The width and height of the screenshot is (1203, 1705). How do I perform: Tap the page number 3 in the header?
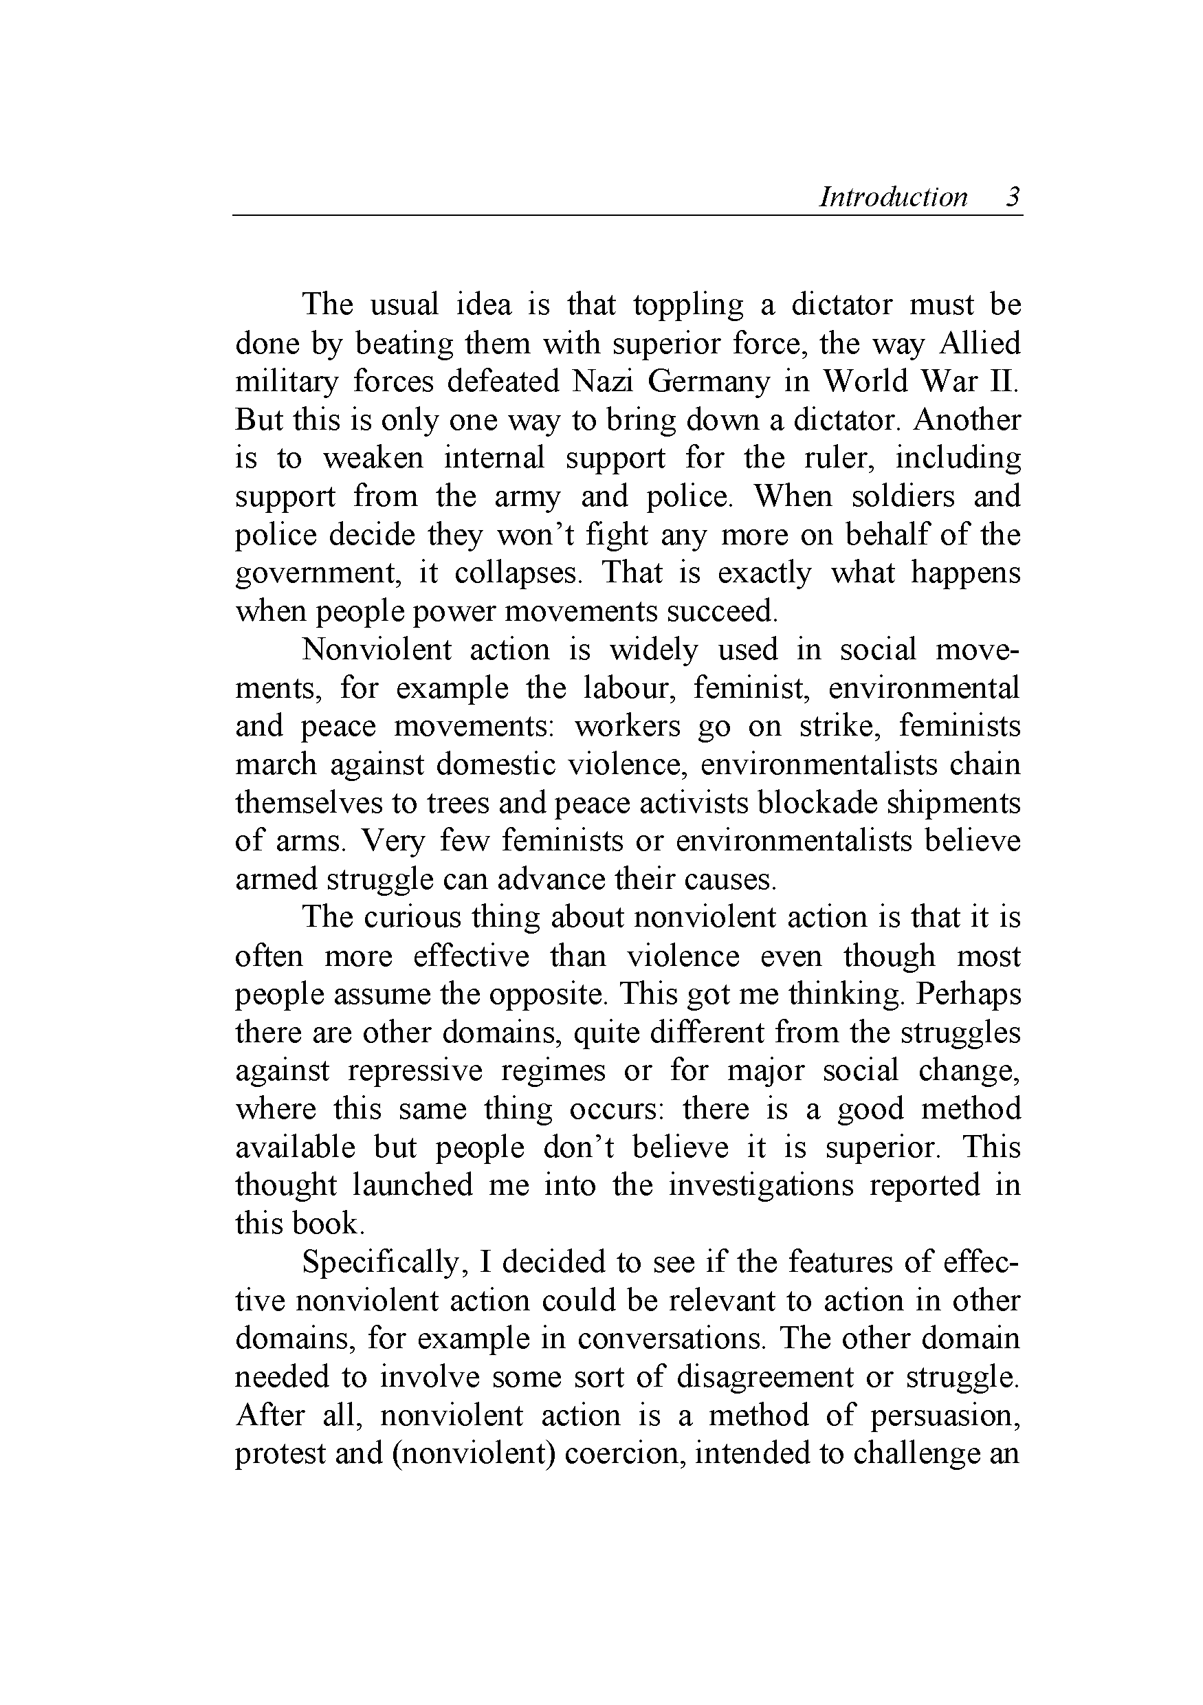(x=1013, y=197)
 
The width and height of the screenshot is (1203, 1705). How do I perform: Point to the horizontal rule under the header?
(x=628, y=215)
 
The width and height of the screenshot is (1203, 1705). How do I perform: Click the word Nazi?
(x=601, y=382)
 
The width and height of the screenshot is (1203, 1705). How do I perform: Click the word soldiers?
(x=903, y=496)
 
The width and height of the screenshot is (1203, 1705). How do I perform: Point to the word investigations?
(x=760, y=1186)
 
